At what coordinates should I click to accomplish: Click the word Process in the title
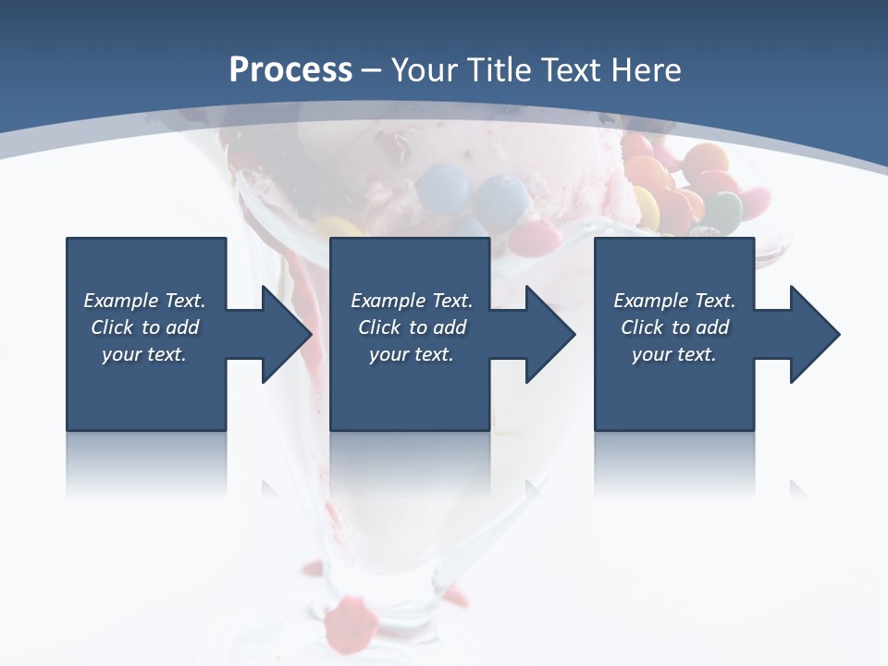coord(290,69)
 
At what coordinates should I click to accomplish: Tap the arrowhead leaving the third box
coord(810,334)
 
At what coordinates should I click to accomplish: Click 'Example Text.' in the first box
coord(144,301)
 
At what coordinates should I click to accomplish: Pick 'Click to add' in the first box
coord(144,327)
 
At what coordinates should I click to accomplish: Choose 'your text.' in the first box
coord(144,354)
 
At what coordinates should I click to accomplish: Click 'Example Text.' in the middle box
coord(412,301)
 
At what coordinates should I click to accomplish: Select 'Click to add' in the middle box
coord(412,327)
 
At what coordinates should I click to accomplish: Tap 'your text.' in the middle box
coord(412,354)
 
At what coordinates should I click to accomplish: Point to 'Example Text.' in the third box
coord(674,301)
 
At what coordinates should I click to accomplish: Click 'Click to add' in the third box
coord(674,327)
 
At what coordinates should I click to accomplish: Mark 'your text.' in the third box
coord(674,354)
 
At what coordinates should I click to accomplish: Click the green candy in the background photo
coord(722,211)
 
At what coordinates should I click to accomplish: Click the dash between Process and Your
coord(372,70)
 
